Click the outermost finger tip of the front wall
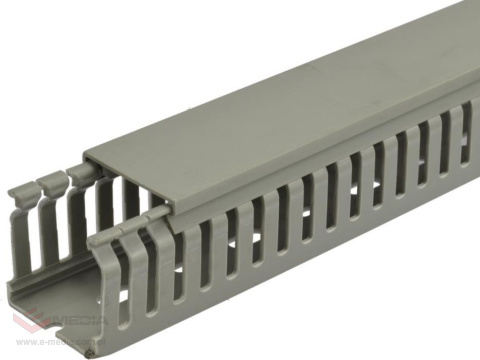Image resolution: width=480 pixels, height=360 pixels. coord(101,240)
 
